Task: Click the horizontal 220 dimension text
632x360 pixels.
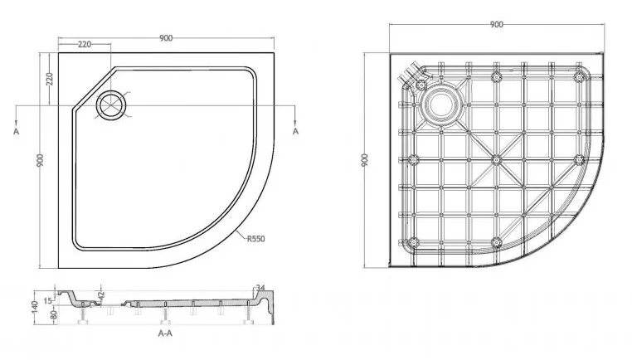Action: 85,45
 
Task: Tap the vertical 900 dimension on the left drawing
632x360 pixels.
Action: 39,162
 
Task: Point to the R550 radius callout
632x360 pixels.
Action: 255,239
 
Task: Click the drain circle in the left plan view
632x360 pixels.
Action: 110,105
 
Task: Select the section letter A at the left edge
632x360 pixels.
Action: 14,131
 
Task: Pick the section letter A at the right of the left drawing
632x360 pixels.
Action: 296,131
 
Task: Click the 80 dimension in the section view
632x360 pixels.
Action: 51,314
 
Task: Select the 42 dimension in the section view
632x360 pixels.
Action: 100,294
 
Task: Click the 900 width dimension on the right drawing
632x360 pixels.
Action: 496,25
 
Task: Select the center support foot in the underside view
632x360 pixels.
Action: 495,158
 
